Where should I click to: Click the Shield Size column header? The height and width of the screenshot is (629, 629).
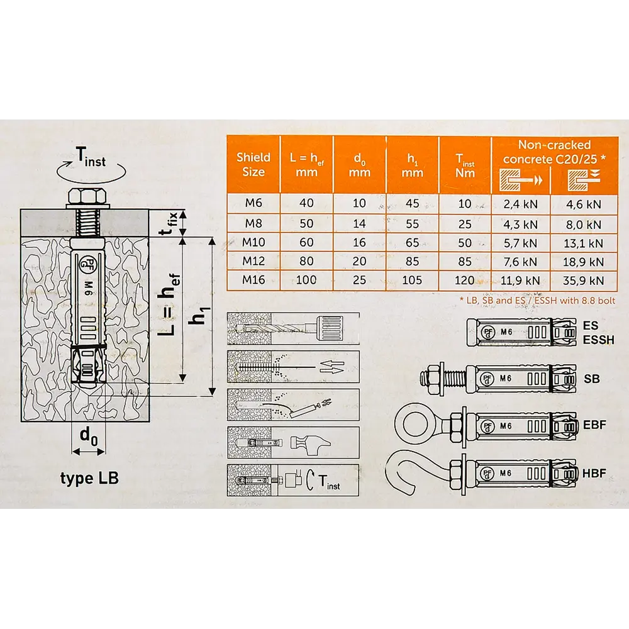click(x=253, y=165)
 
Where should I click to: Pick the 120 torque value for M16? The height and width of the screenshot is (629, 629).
click(x=464, y=280)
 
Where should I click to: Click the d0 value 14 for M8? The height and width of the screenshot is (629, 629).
click(x=359, y=223)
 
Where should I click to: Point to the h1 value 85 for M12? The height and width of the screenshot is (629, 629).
click(x=411, y=261)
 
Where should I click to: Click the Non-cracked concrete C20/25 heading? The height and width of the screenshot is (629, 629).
click(x=552, y=151)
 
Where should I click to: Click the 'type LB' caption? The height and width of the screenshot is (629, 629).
click(x=89, y=479)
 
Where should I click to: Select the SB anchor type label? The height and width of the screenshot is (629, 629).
click(x=591, y=378)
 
